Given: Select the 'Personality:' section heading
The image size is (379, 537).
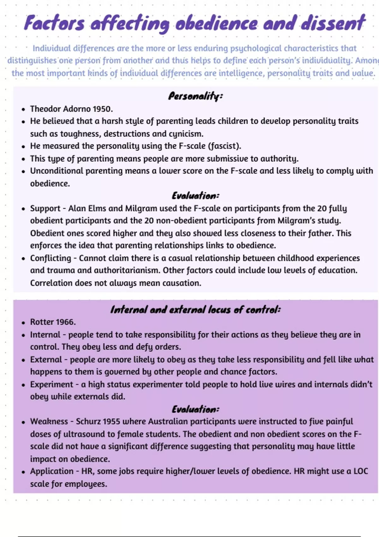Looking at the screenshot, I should click(x=195, y=96).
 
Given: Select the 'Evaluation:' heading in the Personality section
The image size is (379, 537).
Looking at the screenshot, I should click(x=195, y=196).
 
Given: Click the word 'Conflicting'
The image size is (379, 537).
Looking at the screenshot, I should click(x=51, y=258).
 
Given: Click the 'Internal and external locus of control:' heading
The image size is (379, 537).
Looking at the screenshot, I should click(x=195, y=310).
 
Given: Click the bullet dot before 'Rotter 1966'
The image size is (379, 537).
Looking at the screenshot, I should click(x=23, y=323).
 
